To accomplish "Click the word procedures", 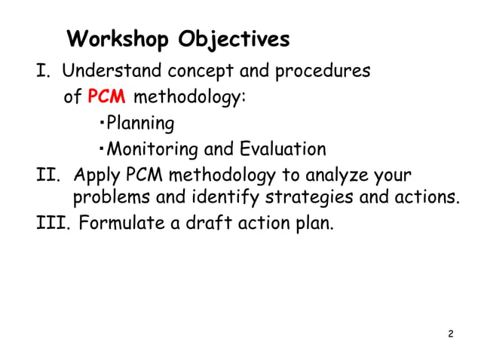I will click(x=320, y=72).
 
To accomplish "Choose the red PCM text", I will click(x=106, y=97).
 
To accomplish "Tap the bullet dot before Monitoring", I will click(x=102, y=148).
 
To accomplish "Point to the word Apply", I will click(x=95, y=175).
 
